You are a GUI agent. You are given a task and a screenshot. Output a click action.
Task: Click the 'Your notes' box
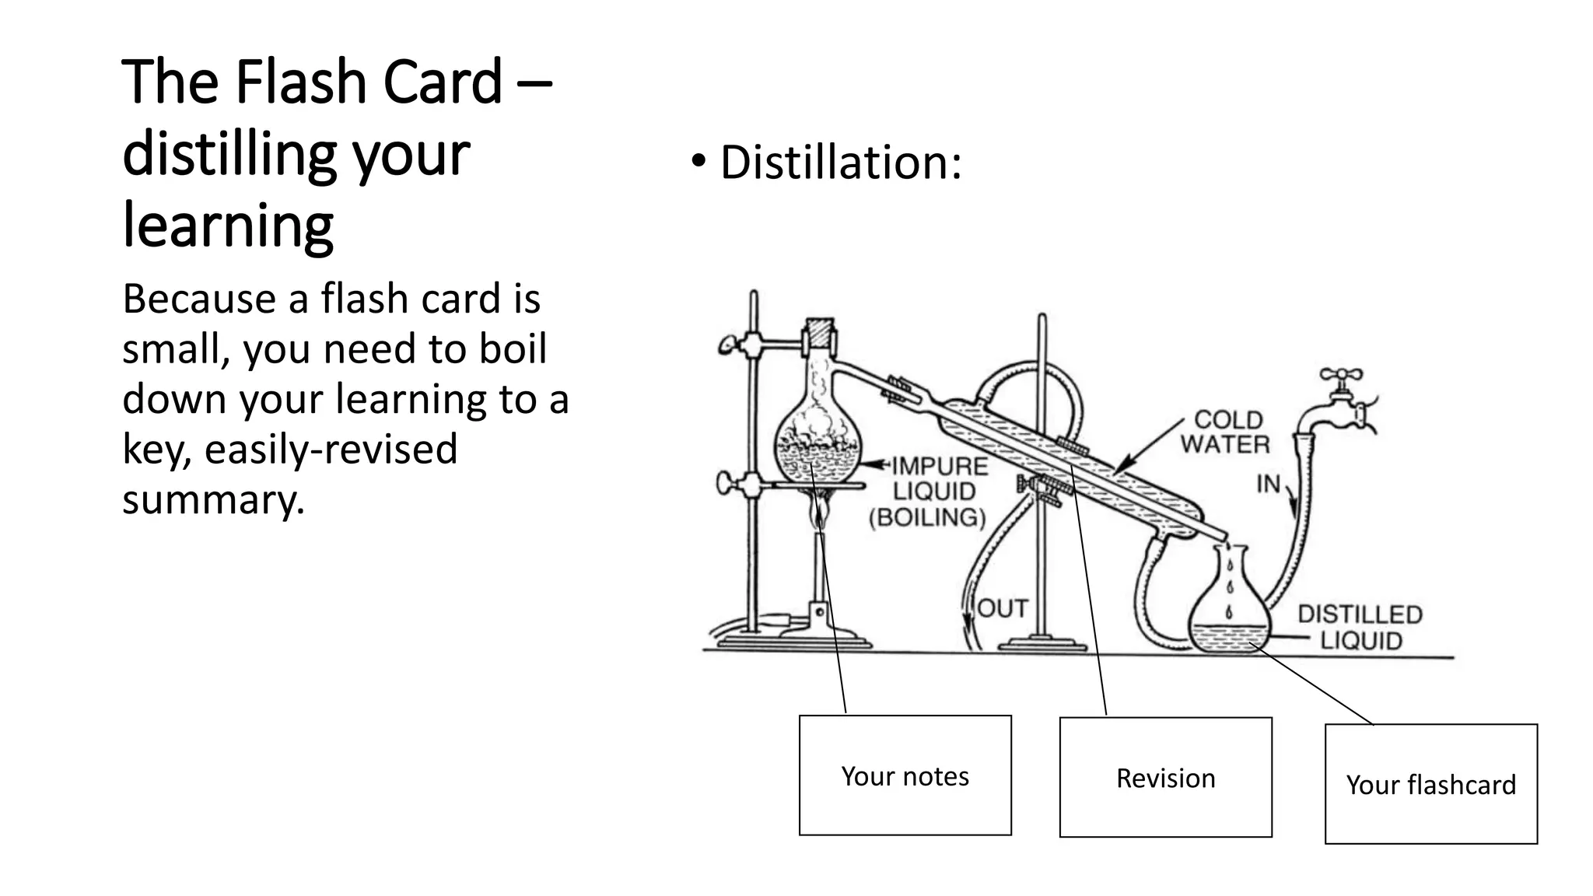point(905,775)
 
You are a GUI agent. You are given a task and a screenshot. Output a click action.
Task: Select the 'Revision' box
point(1165,777)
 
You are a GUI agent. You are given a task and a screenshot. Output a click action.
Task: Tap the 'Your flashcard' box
point(1430,783)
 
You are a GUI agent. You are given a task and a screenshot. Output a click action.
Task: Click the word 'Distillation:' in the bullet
point(841,163)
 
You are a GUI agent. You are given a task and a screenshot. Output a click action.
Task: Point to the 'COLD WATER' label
point(1226,432)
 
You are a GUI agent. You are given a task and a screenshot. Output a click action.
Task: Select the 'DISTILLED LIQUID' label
point(1360,627)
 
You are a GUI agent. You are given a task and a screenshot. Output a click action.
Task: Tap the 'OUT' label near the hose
point(1003,608)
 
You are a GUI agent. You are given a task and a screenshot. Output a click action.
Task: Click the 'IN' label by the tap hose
point(1268,484)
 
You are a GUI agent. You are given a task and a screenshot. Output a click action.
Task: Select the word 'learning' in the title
point(228,225)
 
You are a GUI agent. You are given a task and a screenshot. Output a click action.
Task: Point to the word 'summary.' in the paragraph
point(213,499)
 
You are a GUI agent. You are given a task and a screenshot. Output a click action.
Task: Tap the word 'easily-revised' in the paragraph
point(331,450)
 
